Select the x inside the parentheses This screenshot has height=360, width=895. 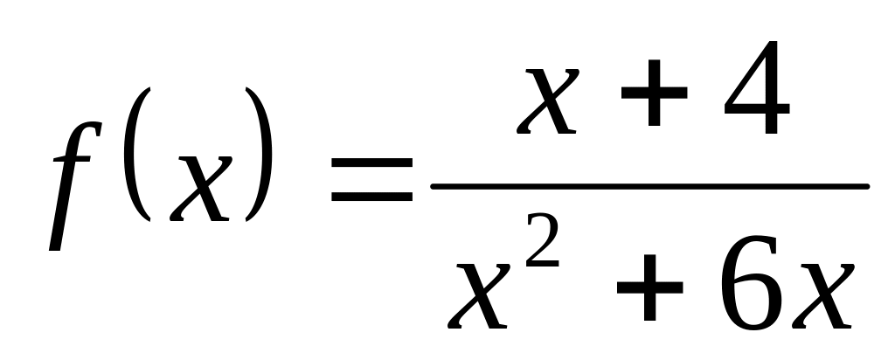coord(201,189)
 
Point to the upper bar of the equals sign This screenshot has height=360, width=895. coord(371,163)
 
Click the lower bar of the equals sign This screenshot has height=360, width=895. coord(371,197)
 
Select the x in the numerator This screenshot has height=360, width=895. coord(548,101)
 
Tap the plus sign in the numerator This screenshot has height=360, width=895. coord(654,93)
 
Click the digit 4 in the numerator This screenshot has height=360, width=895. coord(757,87)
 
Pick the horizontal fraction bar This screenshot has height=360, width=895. coord(650,187)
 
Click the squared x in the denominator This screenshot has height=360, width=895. coord(479,296)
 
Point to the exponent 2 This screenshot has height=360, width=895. coord(542,239)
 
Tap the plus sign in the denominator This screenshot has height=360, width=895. coord(650,287)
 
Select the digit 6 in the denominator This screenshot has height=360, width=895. coord(751,282)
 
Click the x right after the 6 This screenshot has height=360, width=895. coord(823,296)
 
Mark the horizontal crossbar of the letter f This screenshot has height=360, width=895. coord(72,159)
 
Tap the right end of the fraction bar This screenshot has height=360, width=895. coord(867,187)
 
